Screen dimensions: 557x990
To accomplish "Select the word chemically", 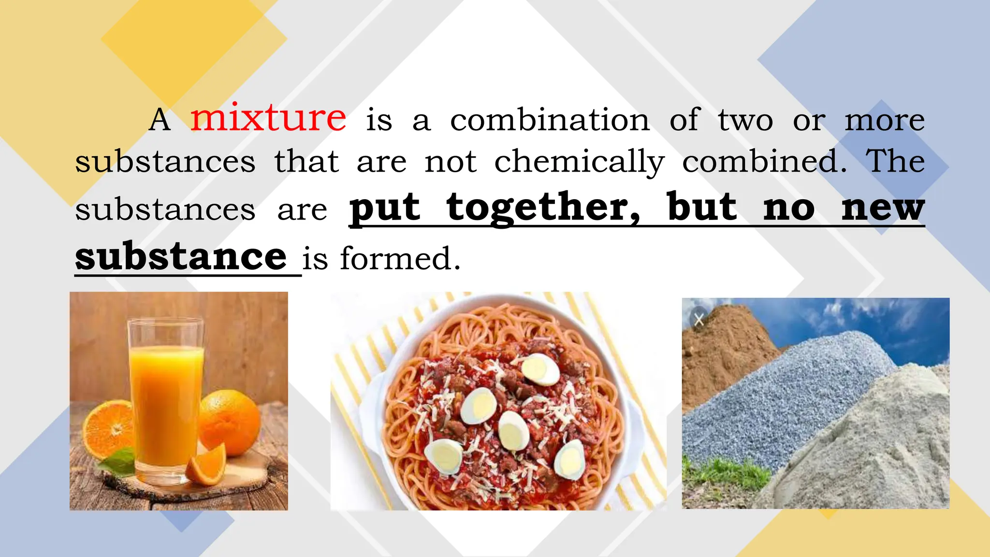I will pos(579,162).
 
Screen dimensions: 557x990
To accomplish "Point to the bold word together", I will pos(543,208).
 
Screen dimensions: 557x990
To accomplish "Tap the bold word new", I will pos(883,208).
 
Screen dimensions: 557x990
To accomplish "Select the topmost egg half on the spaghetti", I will pos(541,369).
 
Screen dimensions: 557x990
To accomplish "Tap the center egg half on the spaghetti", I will pos(513,430).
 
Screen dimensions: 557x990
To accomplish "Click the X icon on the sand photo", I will pos(699,319).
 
